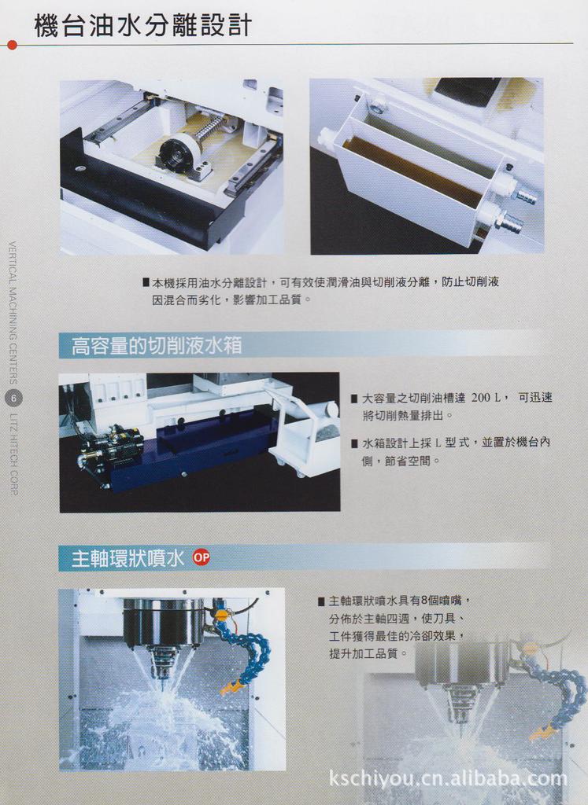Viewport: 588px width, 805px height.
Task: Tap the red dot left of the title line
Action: tap(11, 45)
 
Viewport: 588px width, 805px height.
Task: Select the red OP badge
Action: tap(202, 557)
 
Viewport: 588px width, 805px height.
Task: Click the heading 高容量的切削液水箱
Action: tap(157, 345)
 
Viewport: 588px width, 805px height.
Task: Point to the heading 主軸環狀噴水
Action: tap(128, 558)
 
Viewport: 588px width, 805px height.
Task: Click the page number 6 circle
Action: tap(13, 399)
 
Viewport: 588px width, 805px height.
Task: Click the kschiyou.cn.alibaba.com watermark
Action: tap(447, 778)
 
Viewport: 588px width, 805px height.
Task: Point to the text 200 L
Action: tap(486, 398)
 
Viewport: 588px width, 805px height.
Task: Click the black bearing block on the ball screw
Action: tap(176, 153)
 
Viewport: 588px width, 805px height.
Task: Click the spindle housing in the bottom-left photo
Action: tap(163, 623)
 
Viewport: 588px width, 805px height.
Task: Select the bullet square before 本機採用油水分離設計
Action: tap(146, 281)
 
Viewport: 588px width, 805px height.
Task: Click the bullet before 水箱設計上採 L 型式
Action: tap(354, 443)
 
